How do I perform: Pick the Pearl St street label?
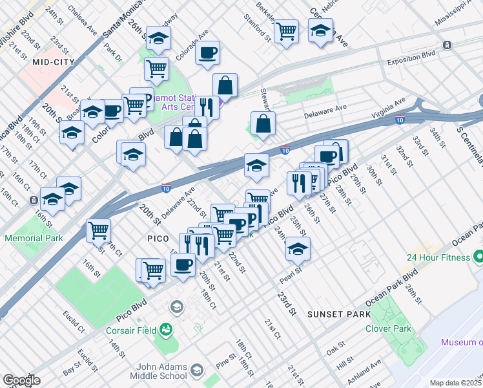coord(291,275)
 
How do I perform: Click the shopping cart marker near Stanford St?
coord(286,30)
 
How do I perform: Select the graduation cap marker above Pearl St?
coord(297,248)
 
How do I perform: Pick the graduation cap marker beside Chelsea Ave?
coord(158,38)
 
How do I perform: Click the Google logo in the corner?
coord(21,380)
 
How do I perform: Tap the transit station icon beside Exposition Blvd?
coord(446,45)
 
